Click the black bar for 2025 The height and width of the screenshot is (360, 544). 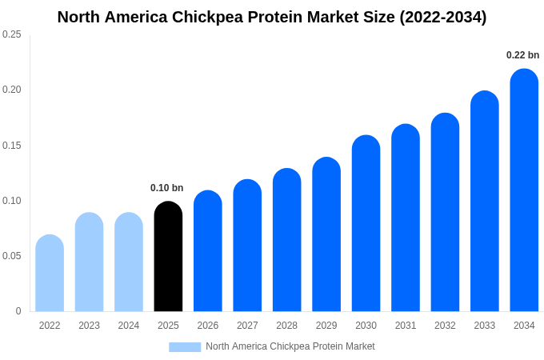pos(168,257)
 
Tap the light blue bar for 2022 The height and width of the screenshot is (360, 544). pos(50,274)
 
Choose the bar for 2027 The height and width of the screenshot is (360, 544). pos(247,246)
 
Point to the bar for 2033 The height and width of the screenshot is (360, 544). pos(485,202)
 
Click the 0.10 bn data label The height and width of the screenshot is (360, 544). pos(166,188)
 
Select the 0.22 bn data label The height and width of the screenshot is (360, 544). pos(522,55)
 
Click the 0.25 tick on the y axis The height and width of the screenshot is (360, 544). pos(12,34)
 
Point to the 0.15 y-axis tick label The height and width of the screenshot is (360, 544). pos(12,146)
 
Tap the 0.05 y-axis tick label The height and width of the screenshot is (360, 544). pos(12,256)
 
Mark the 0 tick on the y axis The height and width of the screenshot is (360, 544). pos(18,311)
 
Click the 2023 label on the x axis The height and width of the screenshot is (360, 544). pos(89,326)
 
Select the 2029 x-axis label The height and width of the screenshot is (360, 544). pos(326,326)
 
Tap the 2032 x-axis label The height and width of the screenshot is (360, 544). pos(445,326)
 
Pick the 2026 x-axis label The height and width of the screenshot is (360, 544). pos(208,326)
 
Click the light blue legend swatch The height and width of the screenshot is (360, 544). pos(185,346)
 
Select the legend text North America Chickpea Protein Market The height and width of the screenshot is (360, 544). pos(290,346)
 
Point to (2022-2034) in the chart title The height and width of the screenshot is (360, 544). pos(442,17)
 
